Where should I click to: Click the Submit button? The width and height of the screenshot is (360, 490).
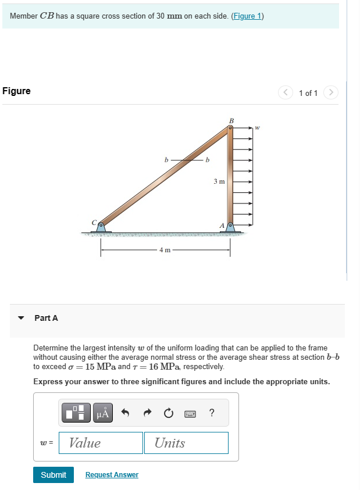54,475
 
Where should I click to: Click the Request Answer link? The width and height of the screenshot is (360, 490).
112,475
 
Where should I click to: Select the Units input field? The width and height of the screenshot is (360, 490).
186,443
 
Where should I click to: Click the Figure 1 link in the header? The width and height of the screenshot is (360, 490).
247,16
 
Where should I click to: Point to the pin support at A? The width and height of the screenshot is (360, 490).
230,226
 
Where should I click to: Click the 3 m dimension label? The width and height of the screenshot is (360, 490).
219,181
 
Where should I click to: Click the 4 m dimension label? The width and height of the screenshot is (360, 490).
165,251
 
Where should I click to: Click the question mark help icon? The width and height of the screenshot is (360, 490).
211,413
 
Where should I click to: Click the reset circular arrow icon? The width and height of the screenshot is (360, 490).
168,413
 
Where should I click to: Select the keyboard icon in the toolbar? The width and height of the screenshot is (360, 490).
190,413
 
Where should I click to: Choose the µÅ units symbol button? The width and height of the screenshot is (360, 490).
102,413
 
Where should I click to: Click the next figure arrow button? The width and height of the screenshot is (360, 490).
330,92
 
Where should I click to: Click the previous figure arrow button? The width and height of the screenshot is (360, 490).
286,92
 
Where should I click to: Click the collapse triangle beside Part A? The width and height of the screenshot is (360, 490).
22,318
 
